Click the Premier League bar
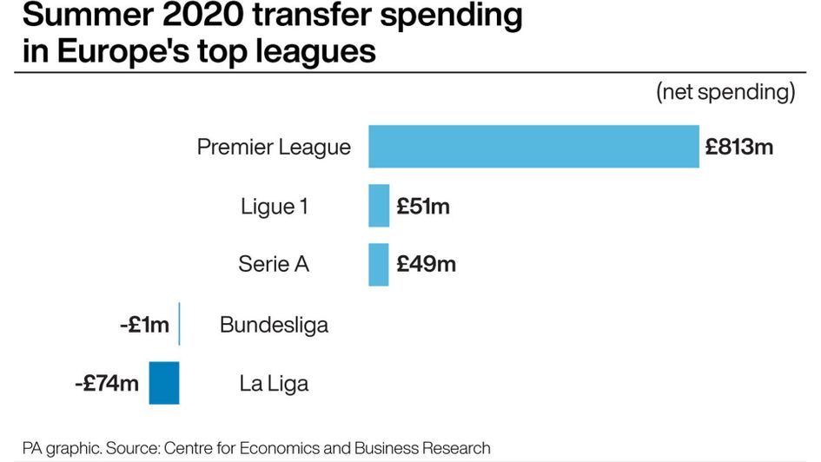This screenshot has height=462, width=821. coord(533,146)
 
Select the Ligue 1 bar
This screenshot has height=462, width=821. coord(379,206)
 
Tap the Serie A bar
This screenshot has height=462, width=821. coord(379,265)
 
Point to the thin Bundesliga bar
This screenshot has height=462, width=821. coord(179,324)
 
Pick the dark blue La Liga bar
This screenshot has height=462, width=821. coord(164,383)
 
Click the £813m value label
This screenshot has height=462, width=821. coord(738,147)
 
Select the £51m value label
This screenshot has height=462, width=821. coord(423,207)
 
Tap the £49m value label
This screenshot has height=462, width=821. coord(426,265)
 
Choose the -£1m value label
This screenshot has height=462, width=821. coord(144,325)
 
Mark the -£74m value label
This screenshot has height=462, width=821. coord(107,383)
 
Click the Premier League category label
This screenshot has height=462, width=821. coord(274,147)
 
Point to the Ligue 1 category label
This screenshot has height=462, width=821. coord(274,207)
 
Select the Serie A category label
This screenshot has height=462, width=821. coord(274,265)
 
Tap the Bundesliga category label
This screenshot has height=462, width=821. coord(274,325)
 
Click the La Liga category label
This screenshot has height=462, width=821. coord(274,383)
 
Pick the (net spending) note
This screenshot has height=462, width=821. coord(725,93)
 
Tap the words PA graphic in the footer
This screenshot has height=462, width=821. coord(61,448)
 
